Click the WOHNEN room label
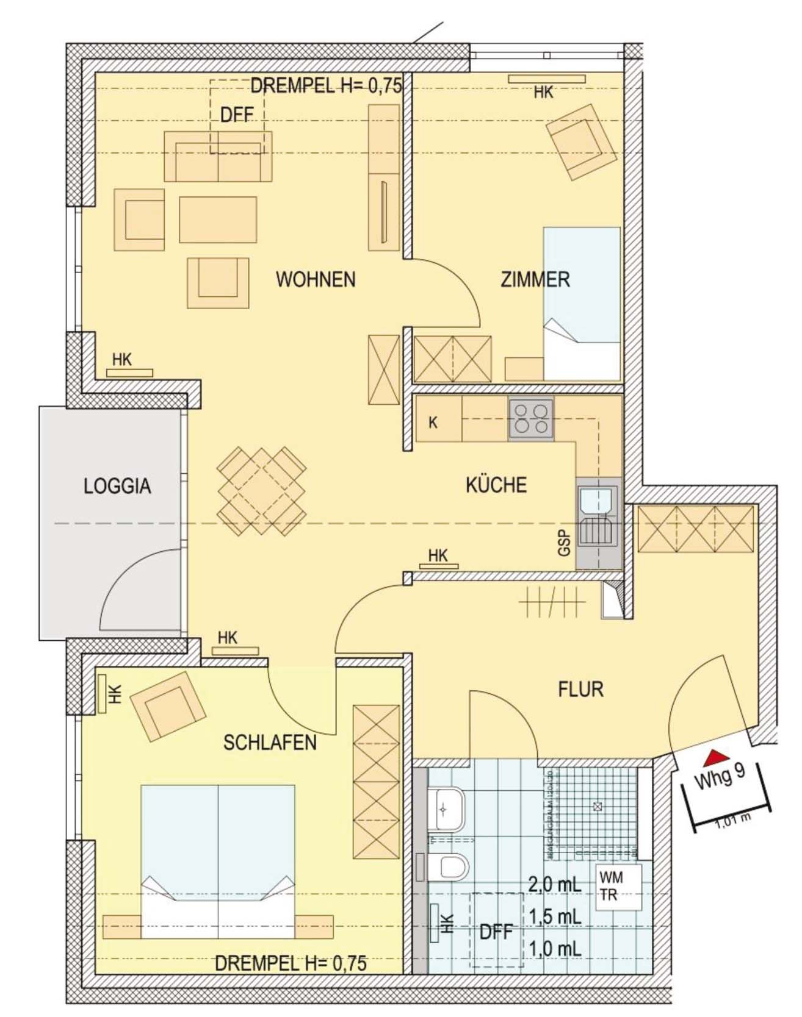click(x=316, y=280)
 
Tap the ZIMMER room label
click(x=535, y=280)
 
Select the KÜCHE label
click(x=496, y=485)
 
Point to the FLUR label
click(x=580, y=690)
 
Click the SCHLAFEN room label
click(x=270, y=743)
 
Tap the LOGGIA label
click(x=117, y=487)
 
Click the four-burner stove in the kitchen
click(x=531, y=419)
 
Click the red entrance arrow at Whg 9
click(x=715, y=758)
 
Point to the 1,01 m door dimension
click(x=732, y=820)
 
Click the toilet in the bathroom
click(x=450, y=866)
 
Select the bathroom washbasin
click(x=447, y=809)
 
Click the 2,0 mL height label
click(x=554, y=884)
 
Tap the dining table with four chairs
click(x=261, y=491)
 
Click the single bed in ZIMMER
click(x=582, y=304)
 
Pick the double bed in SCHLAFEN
click(x=218, y=861)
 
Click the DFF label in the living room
click(x=237, y=115)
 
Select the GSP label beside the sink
click(x=564, y=543)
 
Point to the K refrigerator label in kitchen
click(x=433, y=423)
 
